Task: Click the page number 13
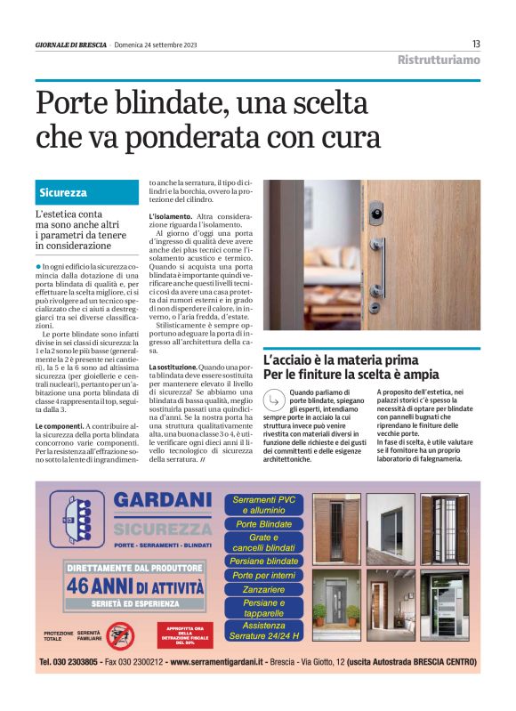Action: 476,44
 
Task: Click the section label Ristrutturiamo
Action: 438,61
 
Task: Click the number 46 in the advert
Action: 89,587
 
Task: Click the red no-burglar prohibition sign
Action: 119,634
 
